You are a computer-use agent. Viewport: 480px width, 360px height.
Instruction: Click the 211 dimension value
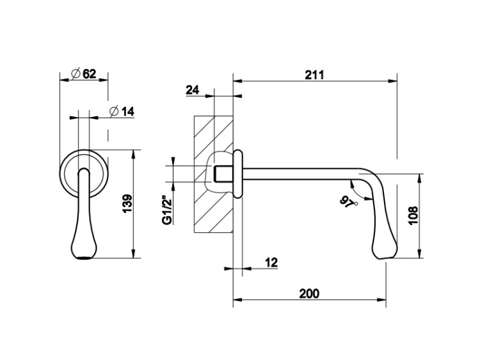click(x=314, y=75)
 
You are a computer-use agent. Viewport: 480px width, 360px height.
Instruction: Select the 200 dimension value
click(x=309, y=293)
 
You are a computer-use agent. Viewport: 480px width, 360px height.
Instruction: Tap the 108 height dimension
click(x=413, y=216)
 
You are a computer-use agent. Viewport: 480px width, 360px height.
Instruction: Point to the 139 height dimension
click(x=127, y=203)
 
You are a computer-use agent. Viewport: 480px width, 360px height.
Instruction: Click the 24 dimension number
click(x=192, y=90)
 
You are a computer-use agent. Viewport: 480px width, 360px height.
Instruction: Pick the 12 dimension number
click(x=271, y=262)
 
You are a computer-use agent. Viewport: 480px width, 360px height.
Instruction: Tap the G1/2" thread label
click(x=168, y=212)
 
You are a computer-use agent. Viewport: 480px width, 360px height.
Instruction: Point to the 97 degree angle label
click(x=348, y=202)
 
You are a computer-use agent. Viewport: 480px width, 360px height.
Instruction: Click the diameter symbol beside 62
click(x=76, y=74)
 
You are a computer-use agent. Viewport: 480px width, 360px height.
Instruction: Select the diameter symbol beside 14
click(x=114, y=112)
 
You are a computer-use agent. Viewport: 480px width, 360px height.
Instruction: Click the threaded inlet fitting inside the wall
click(x=223, y=174)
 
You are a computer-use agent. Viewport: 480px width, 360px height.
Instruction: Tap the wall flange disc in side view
click(x=238, y=174)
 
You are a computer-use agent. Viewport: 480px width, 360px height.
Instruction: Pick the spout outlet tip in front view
click(x=84, y=257)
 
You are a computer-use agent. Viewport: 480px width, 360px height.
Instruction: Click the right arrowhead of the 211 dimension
click(x=393, y=81)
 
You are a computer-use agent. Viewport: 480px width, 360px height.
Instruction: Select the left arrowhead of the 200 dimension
click(x=237, y=299)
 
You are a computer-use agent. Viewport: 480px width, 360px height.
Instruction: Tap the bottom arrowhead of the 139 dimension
click(x=134, y=254)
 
